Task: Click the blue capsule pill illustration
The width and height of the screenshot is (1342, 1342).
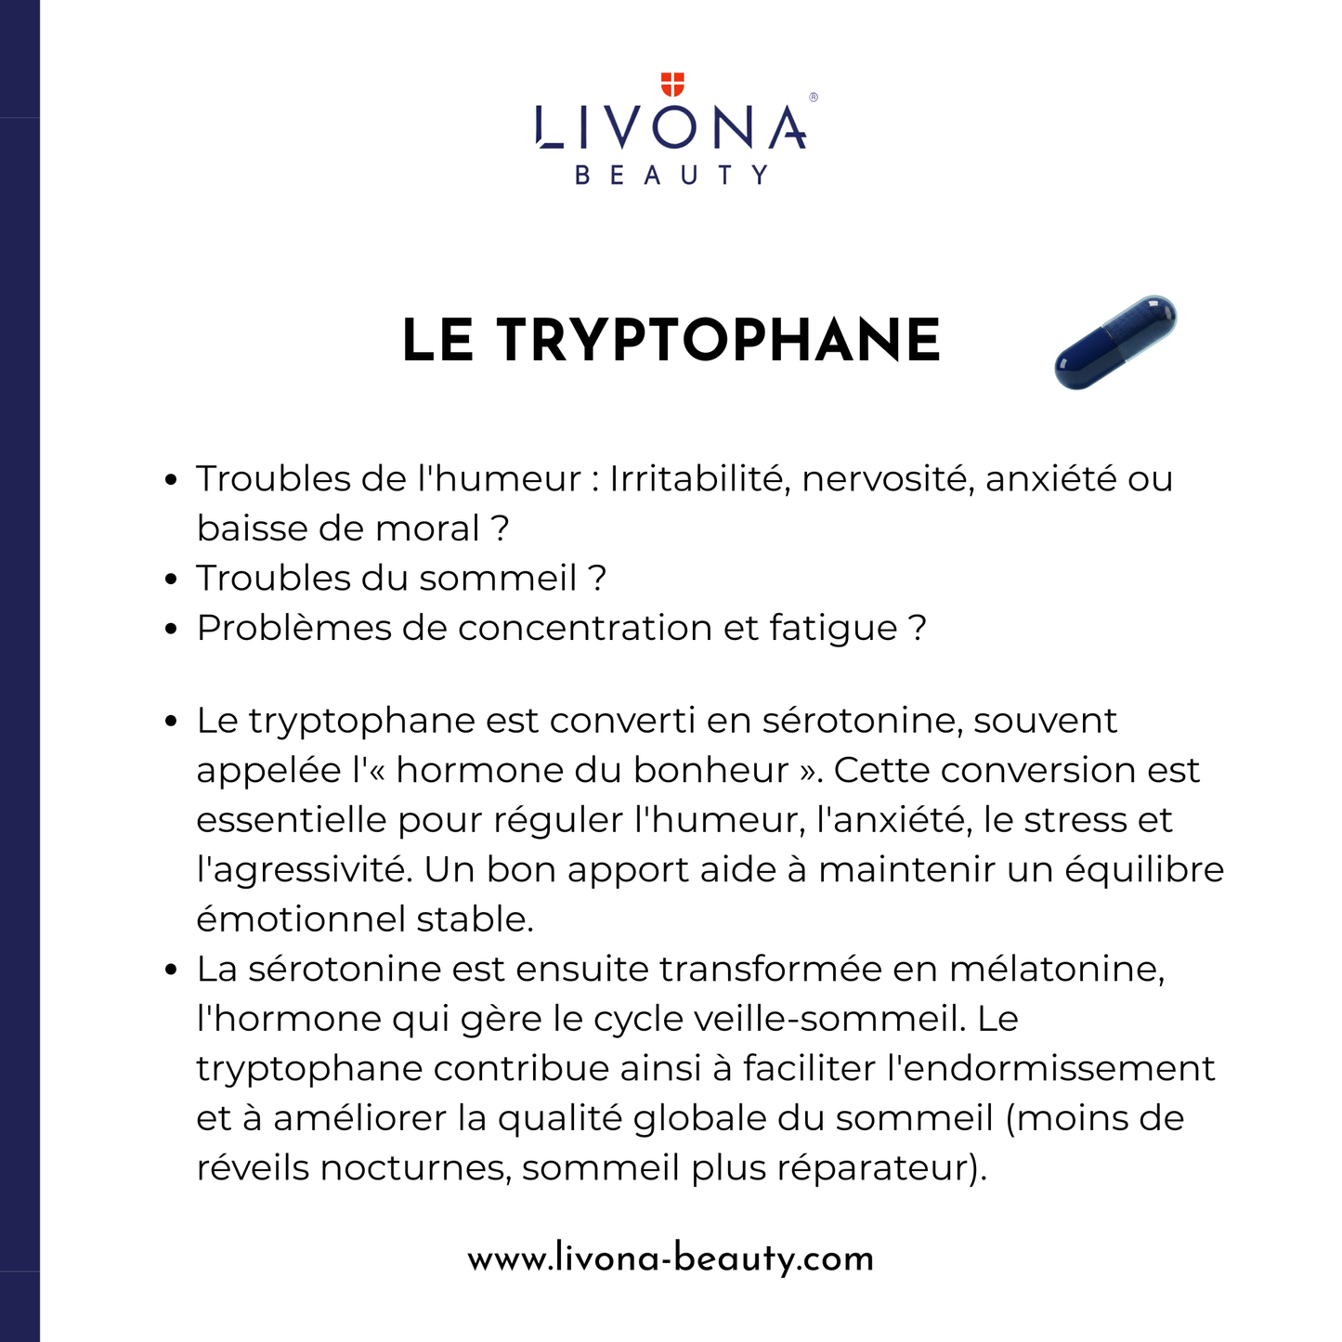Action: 1115,342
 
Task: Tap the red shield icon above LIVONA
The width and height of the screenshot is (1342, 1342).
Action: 671,85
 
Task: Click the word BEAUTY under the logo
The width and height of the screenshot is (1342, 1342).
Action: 671,175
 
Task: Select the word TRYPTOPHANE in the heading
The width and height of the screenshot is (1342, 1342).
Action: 719,340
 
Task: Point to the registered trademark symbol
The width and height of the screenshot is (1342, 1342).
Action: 814,97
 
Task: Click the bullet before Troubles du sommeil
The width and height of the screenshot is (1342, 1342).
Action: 170,579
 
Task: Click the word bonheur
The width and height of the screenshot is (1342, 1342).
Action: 711,770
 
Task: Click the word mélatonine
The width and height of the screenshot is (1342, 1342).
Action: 1055,970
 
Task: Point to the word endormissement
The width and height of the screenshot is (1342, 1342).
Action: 1051,1069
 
